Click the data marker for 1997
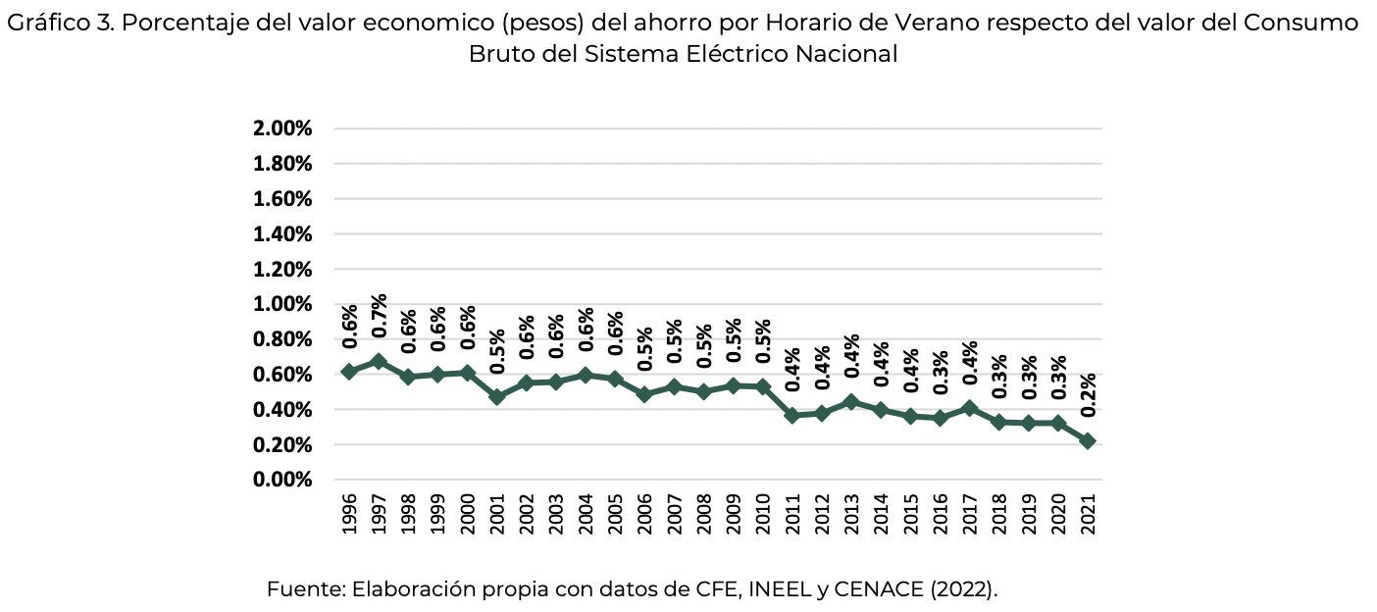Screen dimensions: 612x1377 [379, 362]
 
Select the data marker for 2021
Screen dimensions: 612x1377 [1087, 441]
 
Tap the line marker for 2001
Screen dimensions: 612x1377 [497, 397]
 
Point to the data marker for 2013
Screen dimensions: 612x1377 [851, 402]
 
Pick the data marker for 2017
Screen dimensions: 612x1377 [969, 408]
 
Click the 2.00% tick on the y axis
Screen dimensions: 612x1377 [282, 128]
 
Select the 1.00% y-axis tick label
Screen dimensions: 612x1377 [282, 304]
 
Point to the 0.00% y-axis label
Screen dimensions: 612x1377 [282, 480]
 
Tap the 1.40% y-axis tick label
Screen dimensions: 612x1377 [282, 233]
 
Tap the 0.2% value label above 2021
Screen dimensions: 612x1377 [1087, 395]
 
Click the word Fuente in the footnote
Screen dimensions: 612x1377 [305, 589]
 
